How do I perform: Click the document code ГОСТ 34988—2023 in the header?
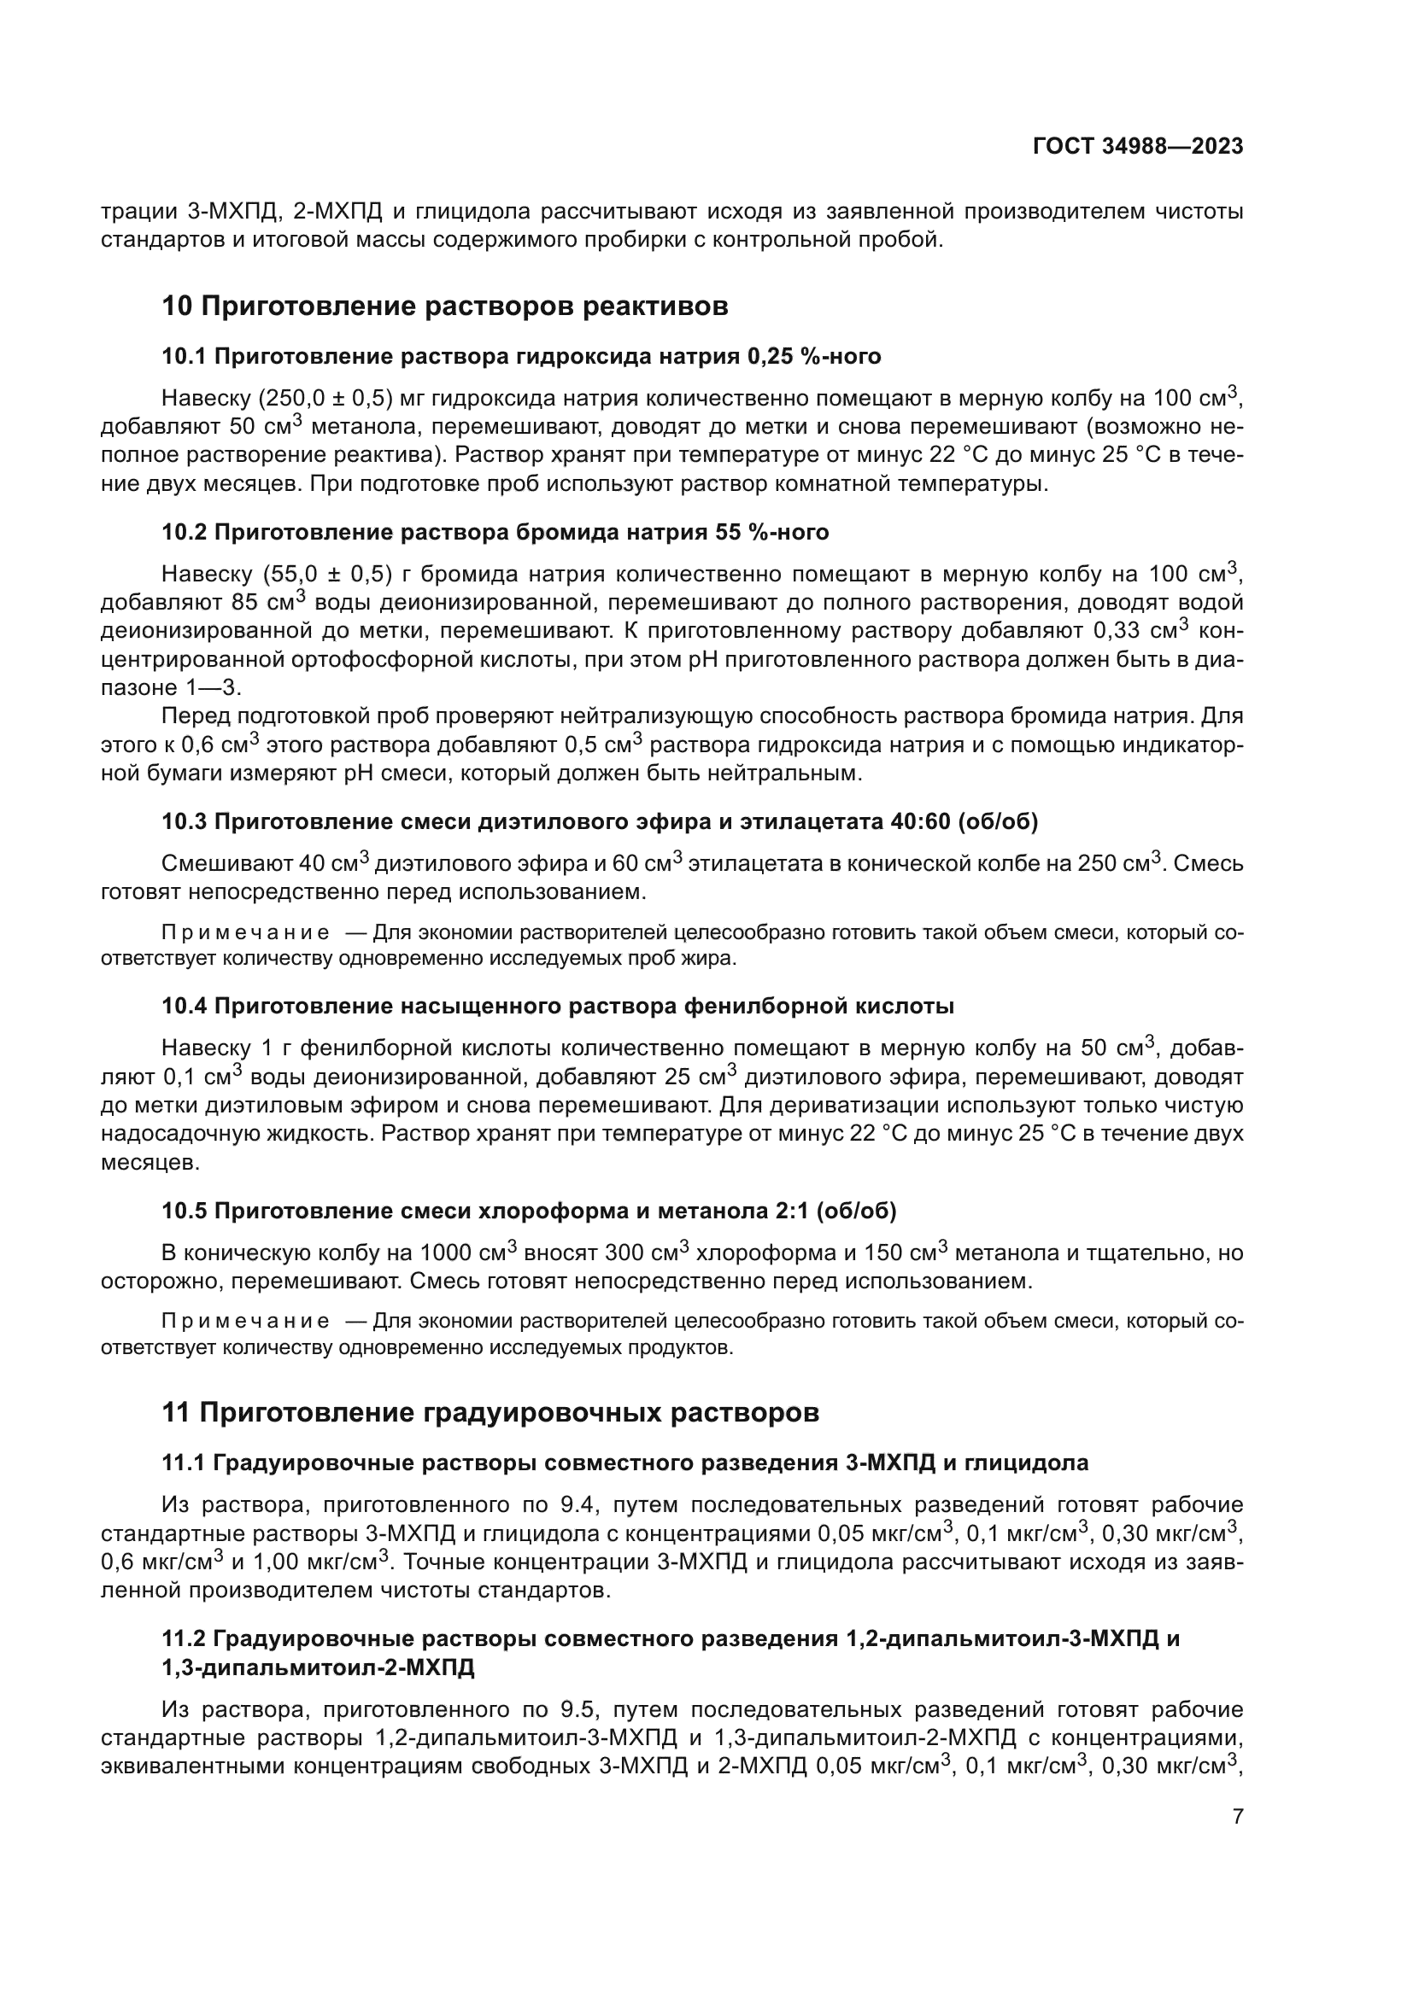coord(1137,146)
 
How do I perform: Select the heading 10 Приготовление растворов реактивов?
coord(444,307)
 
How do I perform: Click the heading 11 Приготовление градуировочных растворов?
coord(490,1412)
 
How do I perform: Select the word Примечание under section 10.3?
coord(246,933)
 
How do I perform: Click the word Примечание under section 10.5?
coord(246,1321)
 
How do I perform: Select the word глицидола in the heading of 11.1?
coord(1023,1463)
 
